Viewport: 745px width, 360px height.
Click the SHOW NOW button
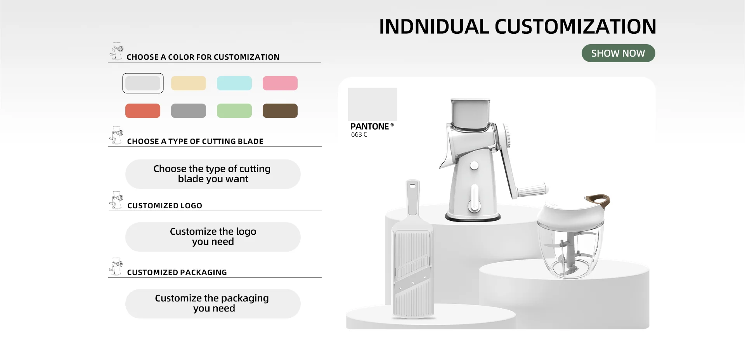coord(618,53)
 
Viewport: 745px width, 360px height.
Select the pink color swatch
coord(280,83)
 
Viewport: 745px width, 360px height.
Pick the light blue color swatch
coord(234,83)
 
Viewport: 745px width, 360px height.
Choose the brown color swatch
coord(280,111)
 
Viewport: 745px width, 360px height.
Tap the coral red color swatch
coord(143,111)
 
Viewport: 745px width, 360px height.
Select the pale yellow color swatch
coord(189,83)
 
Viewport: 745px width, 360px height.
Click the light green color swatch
coord(234,111)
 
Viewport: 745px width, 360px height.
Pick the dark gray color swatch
coord(189,111)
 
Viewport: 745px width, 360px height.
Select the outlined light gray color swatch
coord(143,83)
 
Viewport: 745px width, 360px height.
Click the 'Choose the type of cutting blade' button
coord(213,174)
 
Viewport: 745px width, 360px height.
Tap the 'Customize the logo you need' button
coord(213,237)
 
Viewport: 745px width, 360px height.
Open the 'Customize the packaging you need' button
coord(213,304)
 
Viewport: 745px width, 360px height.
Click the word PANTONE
coord(369,126)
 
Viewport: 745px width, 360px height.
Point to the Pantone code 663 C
coord(359,135)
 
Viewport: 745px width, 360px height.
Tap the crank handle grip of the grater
coord(532,190)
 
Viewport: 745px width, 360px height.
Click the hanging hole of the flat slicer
coord(412,186)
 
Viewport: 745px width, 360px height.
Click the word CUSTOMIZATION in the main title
coord(575,27)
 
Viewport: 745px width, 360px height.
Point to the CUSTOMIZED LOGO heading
coord(165,206)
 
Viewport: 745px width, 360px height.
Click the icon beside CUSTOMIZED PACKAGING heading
coord(116,267)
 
